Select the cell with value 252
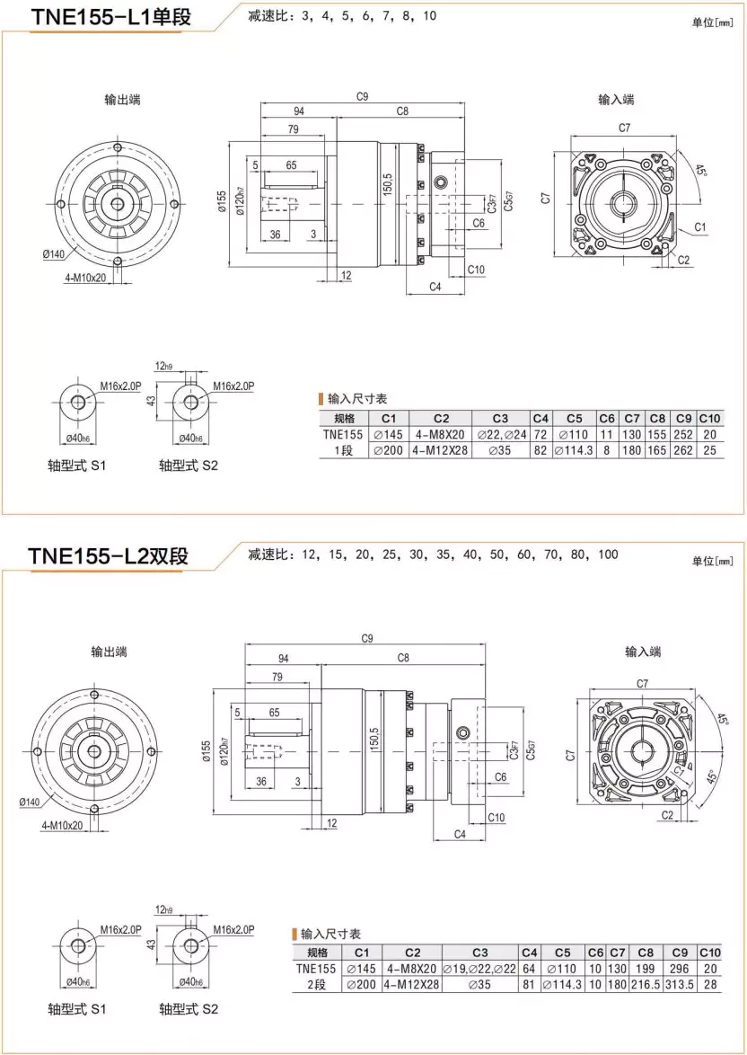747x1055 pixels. point(683,434)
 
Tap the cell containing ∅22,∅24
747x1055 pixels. point(501,434)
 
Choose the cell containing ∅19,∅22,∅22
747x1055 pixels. point(479,969)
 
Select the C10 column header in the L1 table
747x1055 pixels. point(709,418)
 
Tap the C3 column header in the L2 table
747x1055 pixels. point(479,953)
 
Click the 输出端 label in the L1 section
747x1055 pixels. point(122,100)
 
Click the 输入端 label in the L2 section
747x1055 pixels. point(643,652)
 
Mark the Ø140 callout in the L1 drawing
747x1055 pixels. point(54,254)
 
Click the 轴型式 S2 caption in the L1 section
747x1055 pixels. point(188,465)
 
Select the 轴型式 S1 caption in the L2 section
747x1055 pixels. point(76,1009)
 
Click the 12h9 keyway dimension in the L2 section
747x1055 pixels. point(163,909)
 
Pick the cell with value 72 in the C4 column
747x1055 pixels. point(540,434)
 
